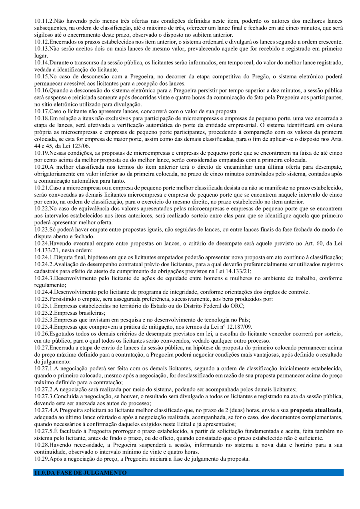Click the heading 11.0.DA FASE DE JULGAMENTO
(x=80, y=473)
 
